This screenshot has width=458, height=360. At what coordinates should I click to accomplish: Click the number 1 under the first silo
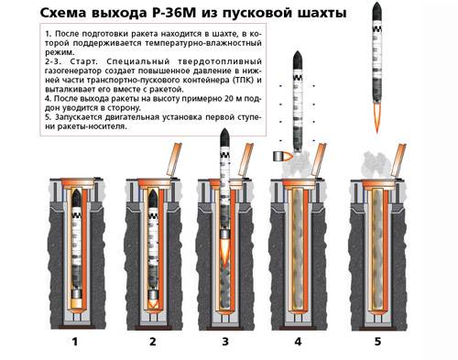75,342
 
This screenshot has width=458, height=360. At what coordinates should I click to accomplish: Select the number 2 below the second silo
153,342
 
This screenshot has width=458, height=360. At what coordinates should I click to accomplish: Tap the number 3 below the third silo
225,342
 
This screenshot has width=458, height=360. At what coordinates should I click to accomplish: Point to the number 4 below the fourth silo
298,342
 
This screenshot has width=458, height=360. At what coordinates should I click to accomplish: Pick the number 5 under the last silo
377,342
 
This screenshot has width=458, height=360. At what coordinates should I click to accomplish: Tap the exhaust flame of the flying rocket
376,117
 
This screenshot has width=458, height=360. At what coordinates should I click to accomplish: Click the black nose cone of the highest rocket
376,12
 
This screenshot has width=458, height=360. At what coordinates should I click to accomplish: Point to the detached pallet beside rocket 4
282,157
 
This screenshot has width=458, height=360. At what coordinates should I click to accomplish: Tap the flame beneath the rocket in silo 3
225,250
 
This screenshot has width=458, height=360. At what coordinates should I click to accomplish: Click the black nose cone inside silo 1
76,198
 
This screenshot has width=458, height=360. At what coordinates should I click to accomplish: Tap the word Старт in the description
84,61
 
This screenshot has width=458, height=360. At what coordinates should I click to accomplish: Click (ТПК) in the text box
245,81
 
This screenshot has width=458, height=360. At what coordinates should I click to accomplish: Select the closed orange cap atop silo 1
78,182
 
